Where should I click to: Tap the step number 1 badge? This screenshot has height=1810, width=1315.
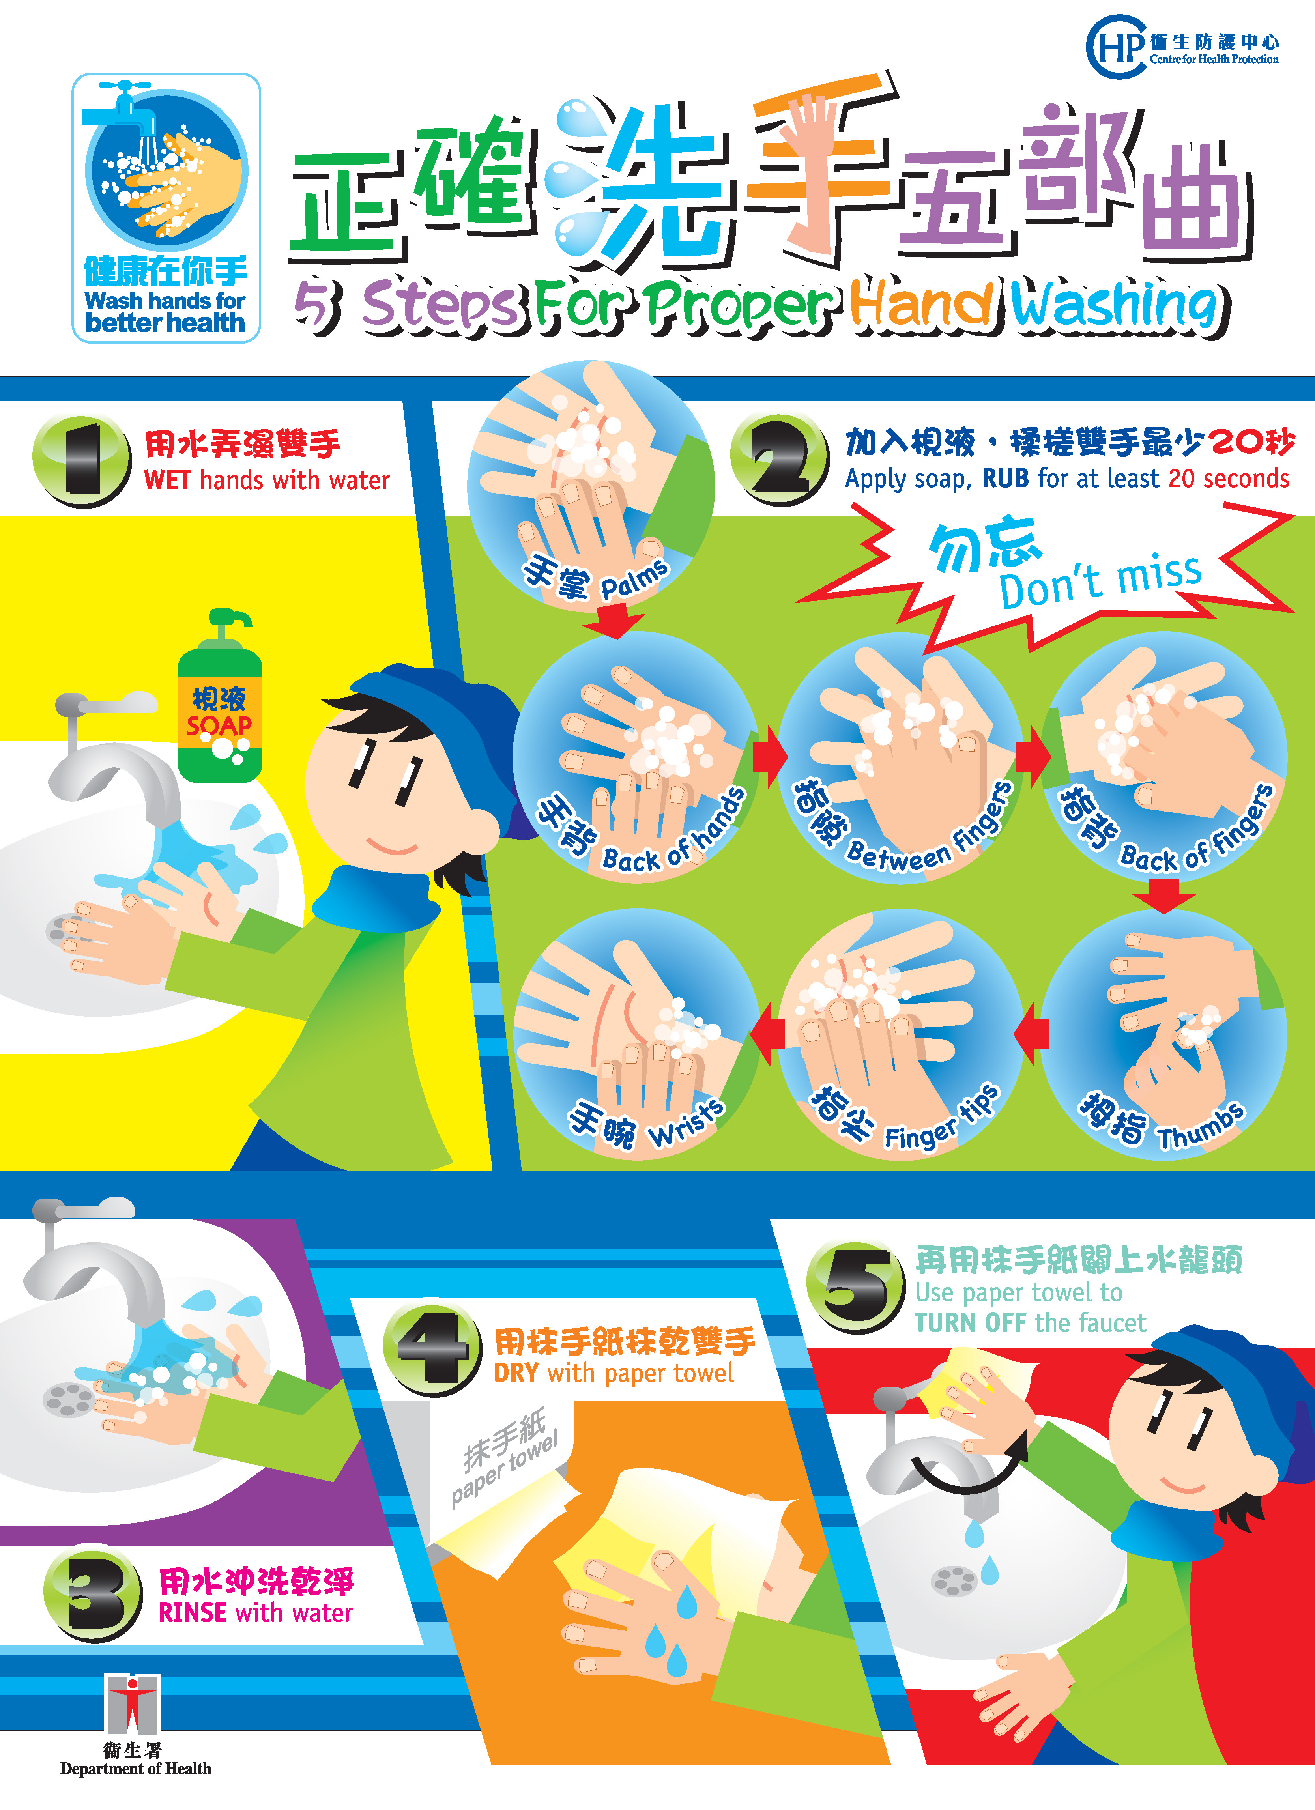point(81,461)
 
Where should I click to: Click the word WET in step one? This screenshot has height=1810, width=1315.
point(168,481)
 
